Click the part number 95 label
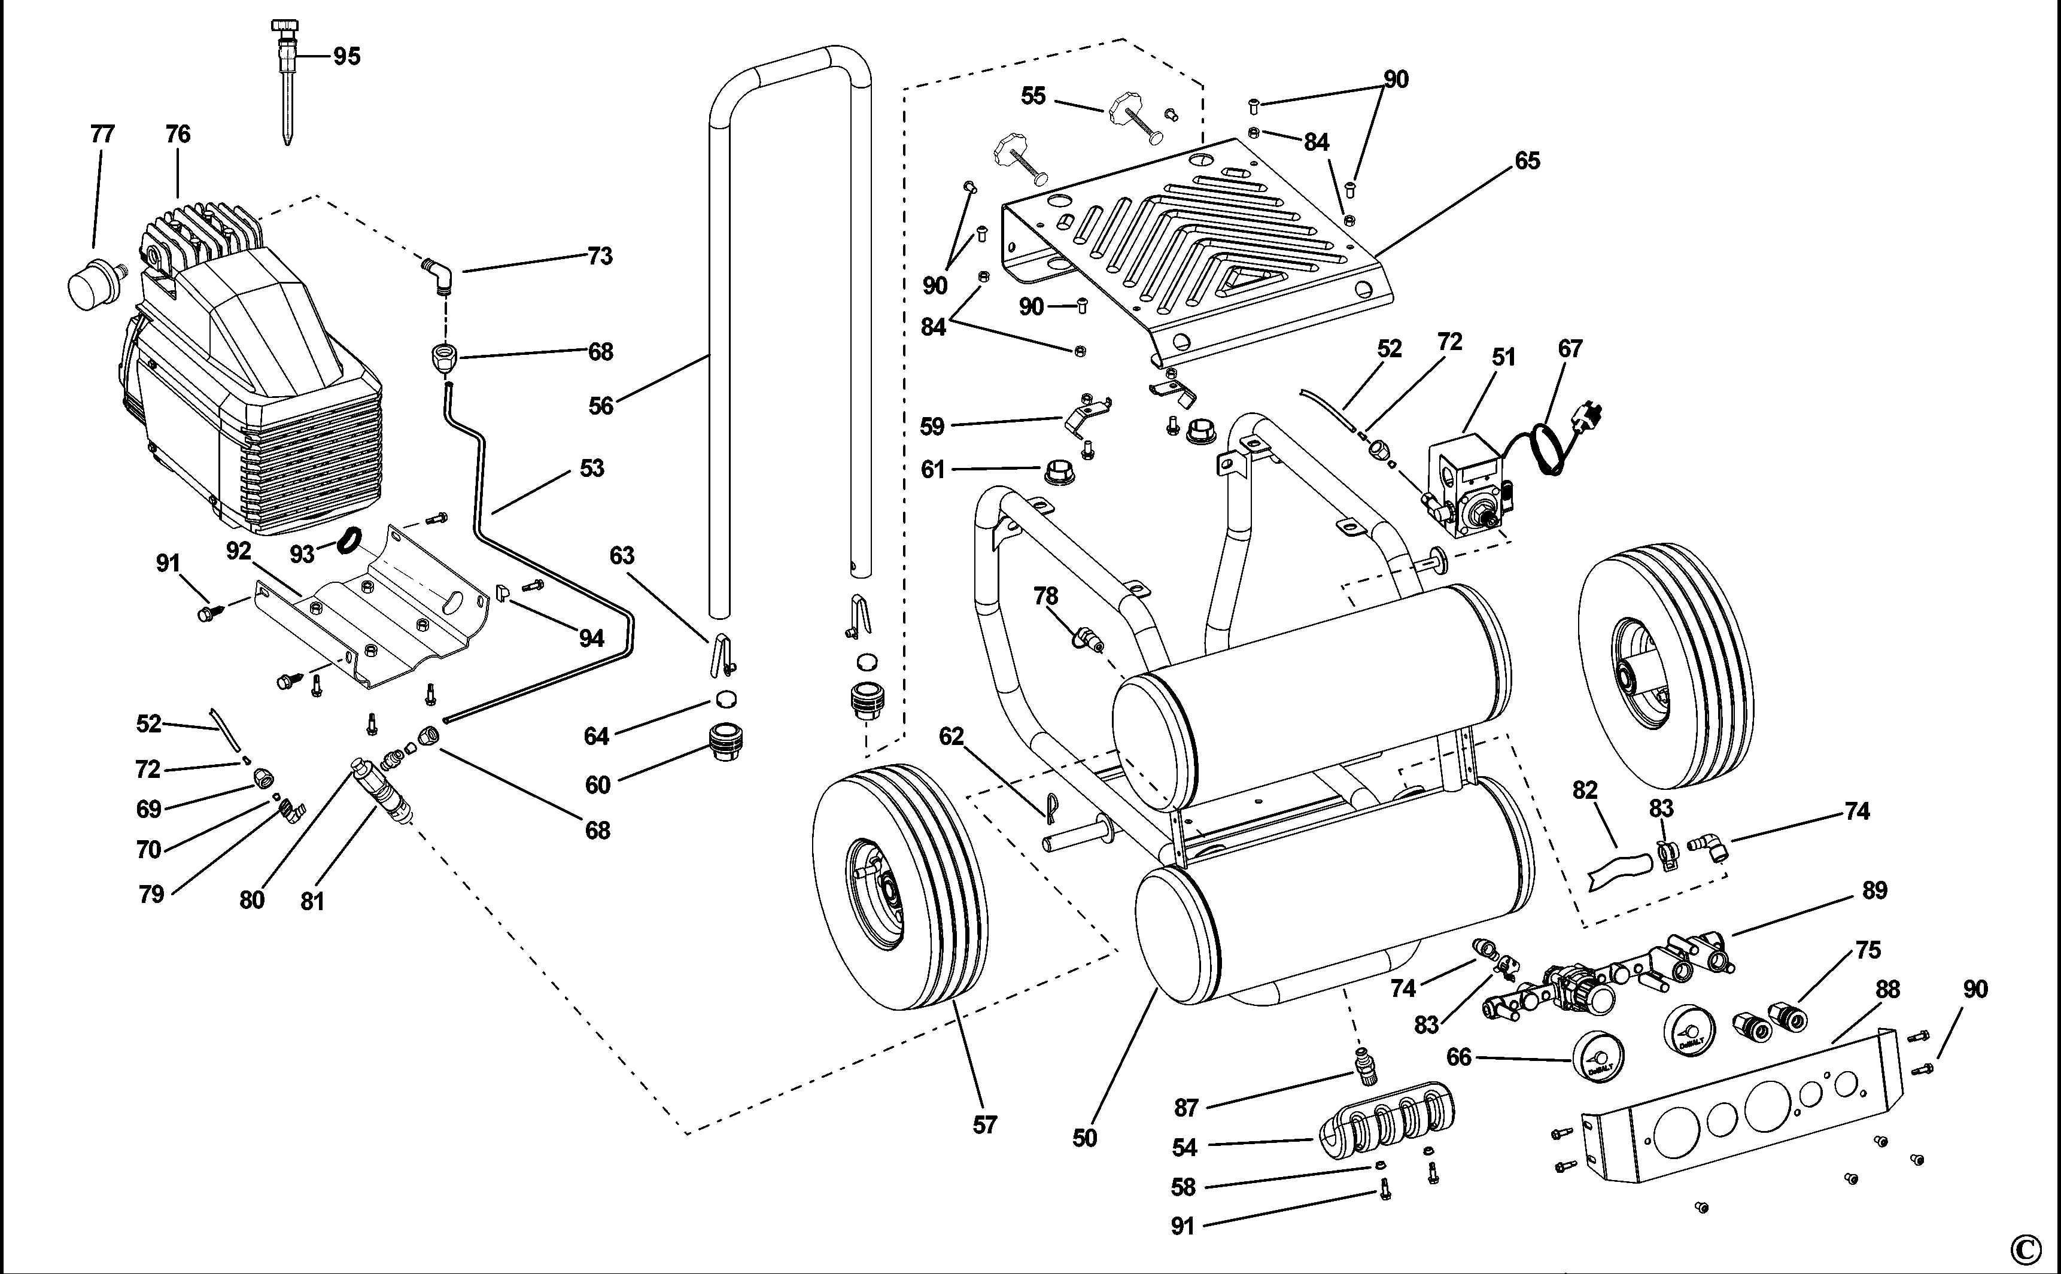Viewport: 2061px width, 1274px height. (x=346, y=56)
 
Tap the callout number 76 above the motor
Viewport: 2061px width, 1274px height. (x=178, y=134)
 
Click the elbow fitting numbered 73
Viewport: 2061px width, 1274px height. (x=438, y=275)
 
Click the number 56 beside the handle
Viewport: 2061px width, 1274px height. (x=601, y=406)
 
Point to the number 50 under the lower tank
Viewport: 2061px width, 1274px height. (x=1084, y=1138)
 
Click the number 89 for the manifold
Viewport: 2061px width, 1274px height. (x=1874, y=890)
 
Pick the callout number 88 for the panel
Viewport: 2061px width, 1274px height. (x=1887, y=989)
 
